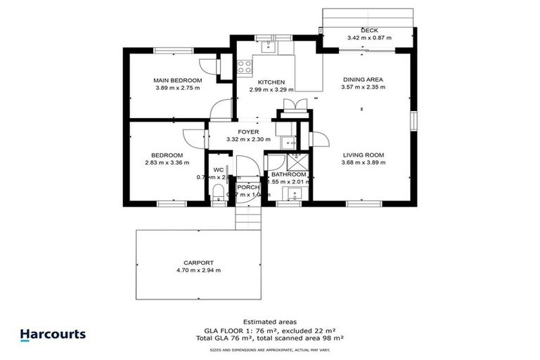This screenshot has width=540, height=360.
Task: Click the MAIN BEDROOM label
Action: click(178, 81)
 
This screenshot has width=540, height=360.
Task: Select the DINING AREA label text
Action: click(364, 79)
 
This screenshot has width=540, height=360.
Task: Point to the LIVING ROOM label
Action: click(364, 155)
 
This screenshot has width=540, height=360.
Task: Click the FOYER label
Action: click(248, 131)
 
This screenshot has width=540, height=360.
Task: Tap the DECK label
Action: click(369, 30)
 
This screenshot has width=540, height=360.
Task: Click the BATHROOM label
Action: click(289, 174)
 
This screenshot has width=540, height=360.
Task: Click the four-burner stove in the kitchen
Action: click(245, 67)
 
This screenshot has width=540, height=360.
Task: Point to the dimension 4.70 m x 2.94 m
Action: click(198, 270)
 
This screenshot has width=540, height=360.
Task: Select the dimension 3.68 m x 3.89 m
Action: click(364, 162)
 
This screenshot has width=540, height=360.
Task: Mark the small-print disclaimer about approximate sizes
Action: click(270, 349)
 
